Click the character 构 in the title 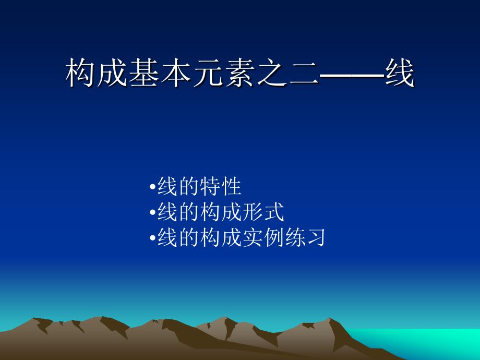[80, 73]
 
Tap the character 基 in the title [143, 73]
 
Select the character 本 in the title [176, 73]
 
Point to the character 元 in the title [208, 73]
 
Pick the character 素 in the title [239, 73]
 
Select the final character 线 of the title [400, 73]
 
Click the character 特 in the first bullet [210, 186]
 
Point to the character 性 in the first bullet [231, 186]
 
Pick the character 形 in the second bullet [253, 212]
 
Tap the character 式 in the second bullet [274, 212]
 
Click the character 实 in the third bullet [253, 237]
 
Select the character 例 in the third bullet [274, 237]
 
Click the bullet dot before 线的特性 [152, 186]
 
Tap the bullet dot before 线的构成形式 [152, 212]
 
